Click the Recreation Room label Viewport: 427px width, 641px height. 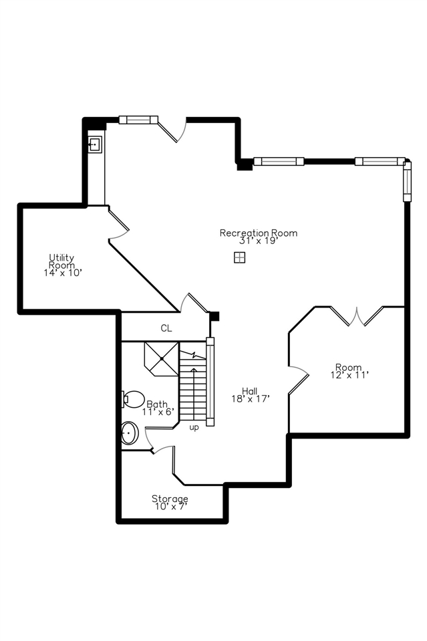coord(258,233)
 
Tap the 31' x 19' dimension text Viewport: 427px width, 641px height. coord(258,241)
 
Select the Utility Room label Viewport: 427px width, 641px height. coord(61,261)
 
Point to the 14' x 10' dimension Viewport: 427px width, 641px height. coord(61,273)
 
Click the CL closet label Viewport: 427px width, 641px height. coord(166,328)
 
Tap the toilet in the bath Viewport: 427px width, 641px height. coord(134,399)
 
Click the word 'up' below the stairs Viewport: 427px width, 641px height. coord(194,427)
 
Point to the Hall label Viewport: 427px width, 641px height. coord(250,391)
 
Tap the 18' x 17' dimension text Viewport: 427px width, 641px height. coord(250,399)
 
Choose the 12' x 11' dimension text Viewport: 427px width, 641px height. coord(349,375)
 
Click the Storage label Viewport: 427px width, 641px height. coord(170,499)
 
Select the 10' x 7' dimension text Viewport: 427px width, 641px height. coord(170,507)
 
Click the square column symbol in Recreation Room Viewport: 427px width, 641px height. coord(239,258)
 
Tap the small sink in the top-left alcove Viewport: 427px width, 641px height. coord(95,144)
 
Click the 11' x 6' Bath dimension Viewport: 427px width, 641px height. coord(158,412)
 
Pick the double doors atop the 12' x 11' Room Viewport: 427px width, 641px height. coord(358,316)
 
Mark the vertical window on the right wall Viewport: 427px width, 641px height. coord(406,180)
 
